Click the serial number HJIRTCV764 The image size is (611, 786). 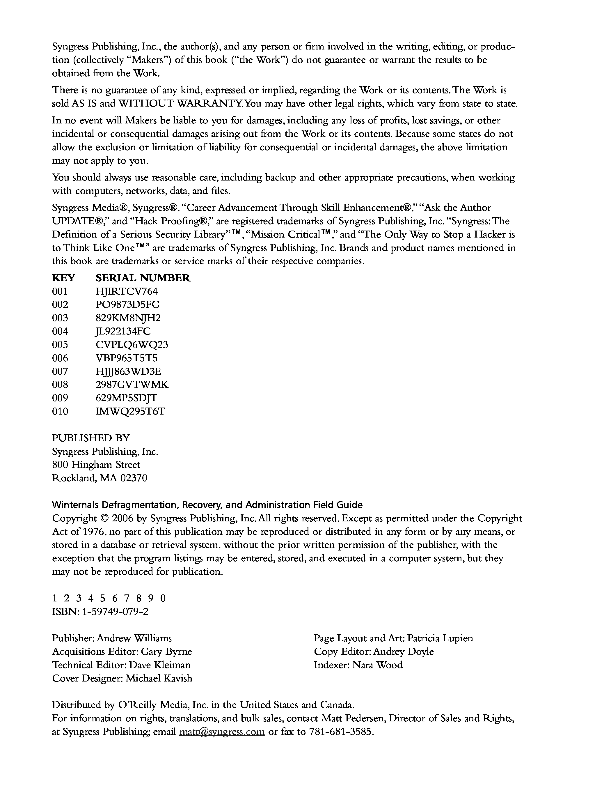tap(127, 291)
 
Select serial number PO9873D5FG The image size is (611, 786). tap(127, 305)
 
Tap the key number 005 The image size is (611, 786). tap(60, 345)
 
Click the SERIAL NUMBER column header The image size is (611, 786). tap(143, 278)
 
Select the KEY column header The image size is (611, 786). tap(64, 278)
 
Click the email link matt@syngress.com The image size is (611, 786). tap(222, 732)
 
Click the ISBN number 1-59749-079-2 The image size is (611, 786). tap(115, 611)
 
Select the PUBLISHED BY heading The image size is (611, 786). tap(91, 438)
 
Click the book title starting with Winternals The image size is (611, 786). tap(207, 504)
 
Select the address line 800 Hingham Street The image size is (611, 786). tap(96, 465)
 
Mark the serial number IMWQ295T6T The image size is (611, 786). tap(130, 411)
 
